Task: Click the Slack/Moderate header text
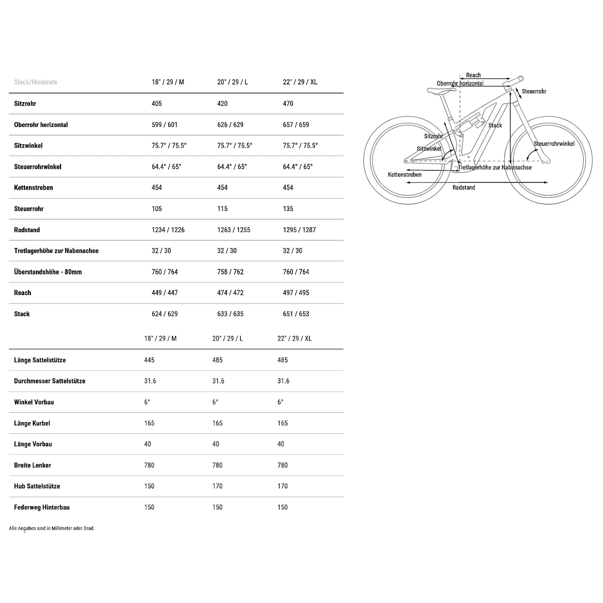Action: (x=36, y=82)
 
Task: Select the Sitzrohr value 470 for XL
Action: (x=288, y=103)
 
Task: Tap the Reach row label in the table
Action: (x=23, y=293)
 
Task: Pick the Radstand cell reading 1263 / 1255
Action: (x=234, y=230)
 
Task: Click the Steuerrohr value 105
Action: (x=157, y=209)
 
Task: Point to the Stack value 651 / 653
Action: (x=296, y=314)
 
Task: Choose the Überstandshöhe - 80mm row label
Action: (x=48, y=272)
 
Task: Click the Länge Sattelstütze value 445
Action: (x=149, y=360)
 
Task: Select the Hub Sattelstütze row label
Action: (x=37, y=486)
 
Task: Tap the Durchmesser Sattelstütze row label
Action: (x=49, y=381)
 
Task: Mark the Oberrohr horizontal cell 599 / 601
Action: (x=164, y=125)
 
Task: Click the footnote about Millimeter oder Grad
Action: (x=51, y=528)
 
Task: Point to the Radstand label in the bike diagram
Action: (x=464, y=188)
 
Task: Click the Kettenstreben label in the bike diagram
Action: (x=404, y=174)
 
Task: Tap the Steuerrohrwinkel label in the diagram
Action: (x=554, y=144)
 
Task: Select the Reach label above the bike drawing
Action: (x=473, y=75)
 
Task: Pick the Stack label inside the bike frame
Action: (x=495, y=125)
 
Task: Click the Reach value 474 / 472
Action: (x=230, y=293)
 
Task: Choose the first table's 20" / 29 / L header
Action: (x=232, y=82)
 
